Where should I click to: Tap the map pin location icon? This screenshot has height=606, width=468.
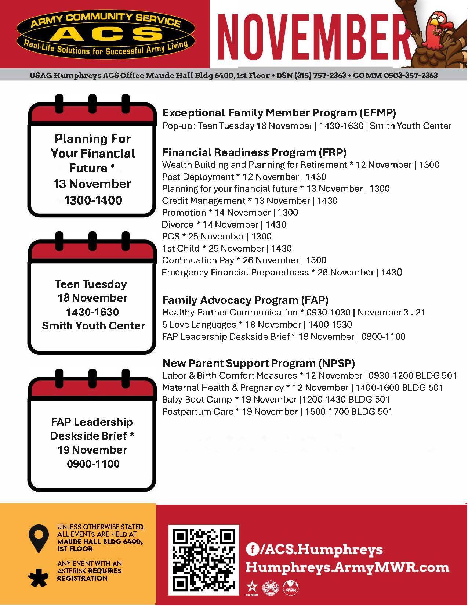click(x=39, y=538)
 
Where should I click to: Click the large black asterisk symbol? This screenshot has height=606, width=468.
click(x=38, y=577)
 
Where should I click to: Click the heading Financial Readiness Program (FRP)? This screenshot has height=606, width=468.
click(x=254, y=152)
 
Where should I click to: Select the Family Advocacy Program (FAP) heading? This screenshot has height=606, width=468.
click(x=245, y=300)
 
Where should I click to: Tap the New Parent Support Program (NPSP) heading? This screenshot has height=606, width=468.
click(x=258, y=364)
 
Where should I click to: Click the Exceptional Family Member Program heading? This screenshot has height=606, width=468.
click(x=279, y=113)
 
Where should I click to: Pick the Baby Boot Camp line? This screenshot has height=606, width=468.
click(x=276, y=400)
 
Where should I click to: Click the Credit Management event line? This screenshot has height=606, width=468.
click(x=250, y=201)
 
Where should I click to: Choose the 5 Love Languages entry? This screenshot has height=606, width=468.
click(x=257, y=325)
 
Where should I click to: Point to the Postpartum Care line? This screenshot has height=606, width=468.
click(x=277, y=412)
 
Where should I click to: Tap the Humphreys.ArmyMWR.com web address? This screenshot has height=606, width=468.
click(x=347, y=567)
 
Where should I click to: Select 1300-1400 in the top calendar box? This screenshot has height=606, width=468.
click(x=93, y=200)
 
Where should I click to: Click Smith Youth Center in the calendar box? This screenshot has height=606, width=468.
click(x=93, y=326)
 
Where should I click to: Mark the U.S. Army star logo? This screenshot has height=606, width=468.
click(x=252, y=587)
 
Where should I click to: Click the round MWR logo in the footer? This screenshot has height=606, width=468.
click(x=291, y=588)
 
